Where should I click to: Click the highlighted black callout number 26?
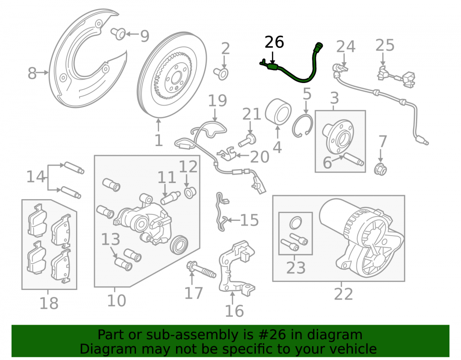[274, 42]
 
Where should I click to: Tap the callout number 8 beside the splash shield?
[32, 73]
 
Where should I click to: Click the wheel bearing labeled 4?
[278, 112]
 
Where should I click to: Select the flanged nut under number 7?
[380, 169]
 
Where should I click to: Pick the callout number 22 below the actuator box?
[343, 294]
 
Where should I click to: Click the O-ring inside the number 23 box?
[296, 223]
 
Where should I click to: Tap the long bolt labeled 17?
[201, 270]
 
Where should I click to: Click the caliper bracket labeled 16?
[236, 266]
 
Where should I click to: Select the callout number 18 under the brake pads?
[49, 303]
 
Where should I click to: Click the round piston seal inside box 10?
[179, 244]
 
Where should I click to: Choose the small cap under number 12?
[189, 192]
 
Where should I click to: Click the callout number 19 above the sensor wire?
[217, 101]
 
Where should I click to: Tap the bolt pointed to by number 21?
[247, 140]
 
